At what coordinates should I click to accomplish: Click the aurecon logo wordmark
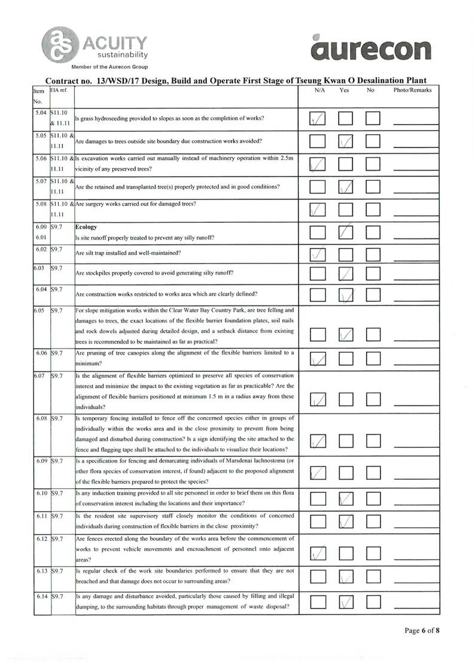371,48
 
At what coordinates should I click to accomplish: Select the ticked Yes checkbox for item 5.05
346,141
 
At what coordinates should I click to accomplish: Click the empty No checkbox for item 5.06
373,164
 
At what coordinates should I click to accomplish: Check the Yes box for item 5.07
346,187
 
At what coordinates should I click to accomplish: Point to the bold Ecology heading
86,228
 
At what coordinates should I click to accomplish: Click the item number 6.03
41,267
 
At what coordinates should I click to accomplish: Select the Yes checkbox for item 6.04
346,294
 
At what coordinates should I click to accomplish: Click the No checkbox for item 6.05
373,334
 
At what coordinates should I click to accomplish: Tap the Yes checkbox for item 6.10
346,498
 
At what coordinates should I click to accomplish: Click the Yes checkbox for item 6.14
346,601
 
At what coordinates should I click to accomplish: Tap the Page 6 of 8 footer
422,630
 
